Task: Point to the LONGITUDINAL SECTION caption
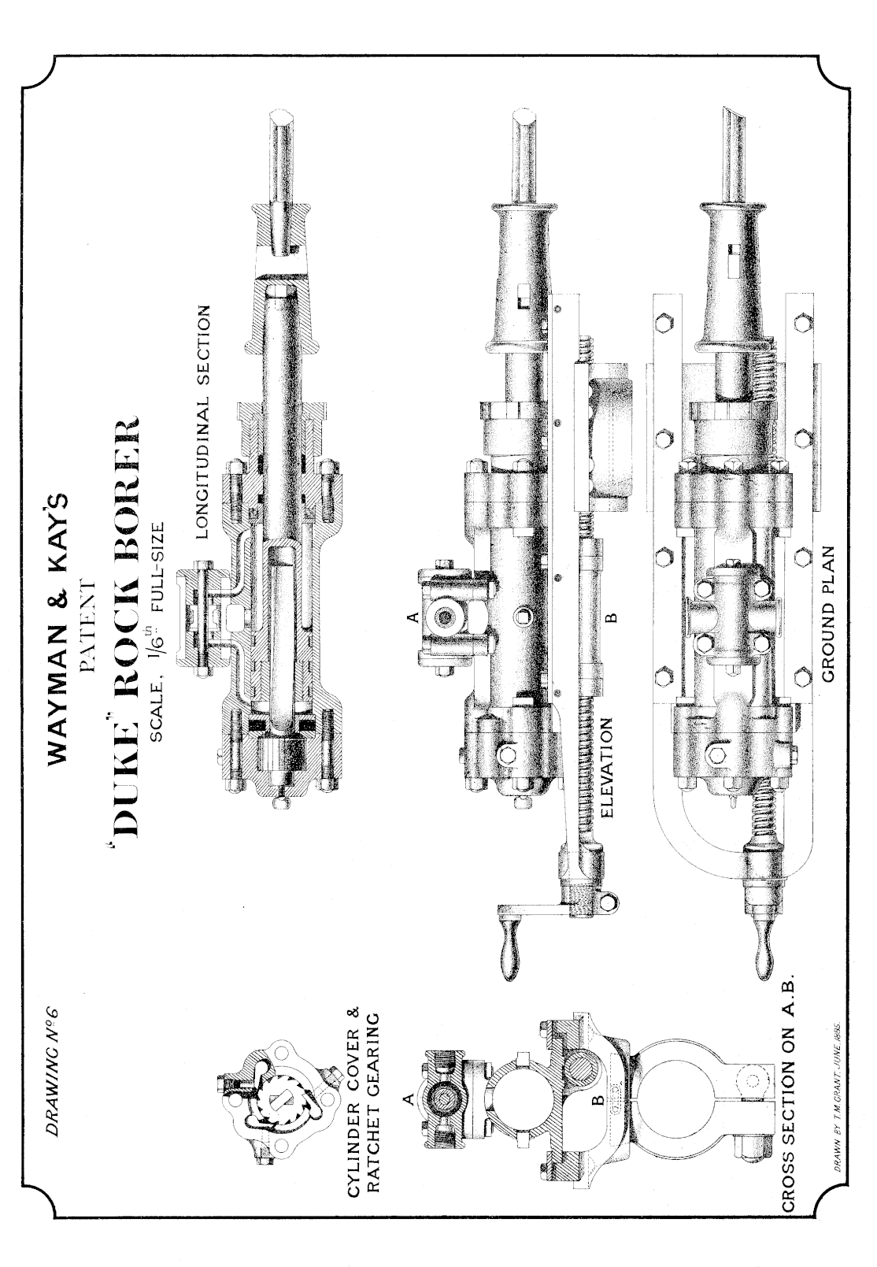203,421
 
